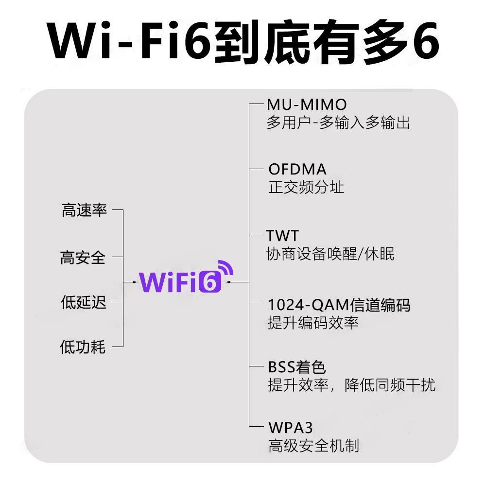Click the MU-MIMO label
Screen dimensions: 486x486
coord(307,104)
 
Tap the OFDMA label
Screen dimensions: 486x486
coord(297,170)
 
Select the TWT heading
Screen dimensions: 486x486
coord(282,236)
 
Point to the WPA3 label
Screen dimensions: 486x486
coord(291,428)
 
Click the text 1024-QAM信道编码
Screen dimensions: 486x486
coord(339,305)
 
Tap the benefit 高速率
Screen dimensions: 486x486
coord(84,211)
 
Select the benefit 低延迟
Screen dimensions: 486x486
coord(84,302)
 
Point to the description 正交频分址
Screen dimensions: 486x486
coord(306,188)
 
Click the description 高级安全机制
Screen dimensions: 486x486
coord(314,446)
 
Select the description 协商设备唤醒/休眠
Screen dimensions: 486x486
coord(330,254)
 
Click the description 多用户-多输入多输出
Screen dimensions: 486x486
coord(338,122)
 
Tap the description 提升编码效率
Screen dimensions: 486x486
coord(313,323)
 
